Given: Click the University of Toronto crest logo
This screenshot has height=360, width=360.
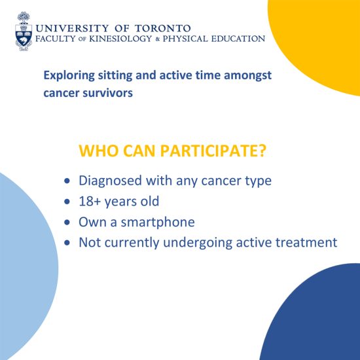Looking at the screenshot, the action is coord(24,31).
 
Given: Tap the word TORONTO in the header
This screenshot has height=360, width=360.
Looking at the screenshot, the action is coord(162,28).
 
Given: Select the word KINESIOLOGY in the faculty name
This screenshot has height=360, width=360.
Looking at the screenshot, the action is coord(120,39).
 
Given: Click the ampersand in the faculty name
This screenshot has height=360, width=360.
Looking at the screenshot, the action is coord(158,39).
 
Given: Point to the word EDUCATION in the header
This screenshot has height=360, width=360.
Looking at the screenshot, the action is coord(238,39).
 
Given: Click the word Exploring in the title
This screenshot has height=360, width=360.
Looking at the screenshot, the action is coord(69,75).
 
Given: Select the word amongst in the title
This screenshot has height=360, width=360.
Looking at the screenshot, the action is coord(247,75).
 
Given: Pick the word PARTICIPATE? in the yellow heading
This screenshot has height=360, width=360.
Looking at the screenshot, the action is coord(213,151).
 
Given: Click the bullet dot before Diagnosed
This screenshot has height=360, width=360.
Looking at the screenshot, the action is coord(67,181).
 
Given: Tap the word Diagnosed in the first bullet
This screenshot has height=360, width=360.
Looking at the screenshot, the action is coord(110,181).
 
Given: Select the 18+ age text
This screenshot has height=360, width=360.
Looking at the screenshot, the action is coord(90,202).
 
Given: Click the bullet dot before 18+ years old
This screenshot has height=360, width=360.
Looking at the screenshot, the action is coord(67,202).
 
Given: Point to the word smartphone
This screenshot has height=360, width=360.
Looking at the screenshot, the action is coord(158,223).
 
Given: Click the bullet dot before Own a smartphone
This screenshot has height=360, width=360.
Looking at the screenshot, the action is coord(67,223).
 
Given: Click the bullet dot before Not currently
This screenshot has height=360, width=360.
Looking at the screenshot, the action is coord(67,243).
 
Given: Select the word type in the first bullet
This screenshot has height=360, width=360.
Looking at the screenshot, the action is coord(259,181).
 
